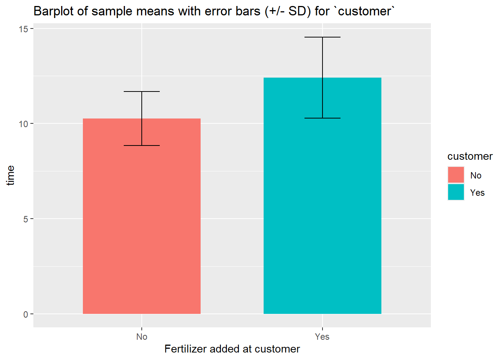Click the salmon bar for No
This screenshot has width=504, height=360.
coord(142,225)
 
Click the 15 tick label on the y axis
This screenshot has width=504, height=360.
coord(24,29)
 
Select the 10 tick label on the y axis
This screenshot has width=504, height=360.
coord(24,124)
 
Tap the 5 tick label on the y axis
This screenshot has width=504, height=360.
coord(26,219)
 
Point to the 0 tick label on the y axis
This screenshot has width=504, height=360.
coord(26,314)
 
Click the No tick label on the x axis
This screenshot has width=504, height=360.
coord(142,337)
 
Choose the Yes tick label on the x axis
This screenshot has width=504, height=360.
coord(322,337)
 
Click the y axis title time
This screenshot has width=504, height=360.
coord(10,175)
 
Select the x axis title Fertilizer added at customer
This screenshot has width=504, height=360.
coord(232,349)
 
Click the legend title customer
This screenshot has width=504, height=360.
coord(470,156)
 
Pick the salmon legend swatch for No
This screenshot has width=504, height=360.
coord(456,175)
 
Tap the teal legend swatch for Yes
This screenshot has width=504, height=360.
coord(456,192)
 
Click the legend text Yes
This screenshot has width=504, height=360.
coord(477,193)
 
